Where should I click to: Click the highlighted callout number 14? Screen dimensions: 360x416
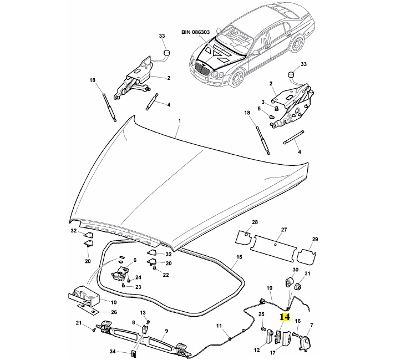(285, 317)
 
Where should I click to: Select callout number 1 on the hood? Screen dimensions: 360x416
(179, 120)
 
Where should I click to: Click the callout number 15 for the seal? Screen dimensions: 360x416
(240, 257)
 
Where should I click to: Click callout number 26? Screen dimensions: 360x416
(114, 312)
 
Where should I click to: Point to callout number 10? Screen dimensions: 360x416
(113, 302)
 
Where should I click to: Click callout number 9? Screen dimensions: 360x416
(166, 331)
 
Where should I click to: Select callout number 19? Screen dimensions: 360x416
(270, 288)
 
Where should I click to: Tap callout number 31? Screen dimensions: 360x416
(308, 274)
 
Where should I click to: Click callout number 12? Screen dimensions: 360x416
(257, 350)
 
